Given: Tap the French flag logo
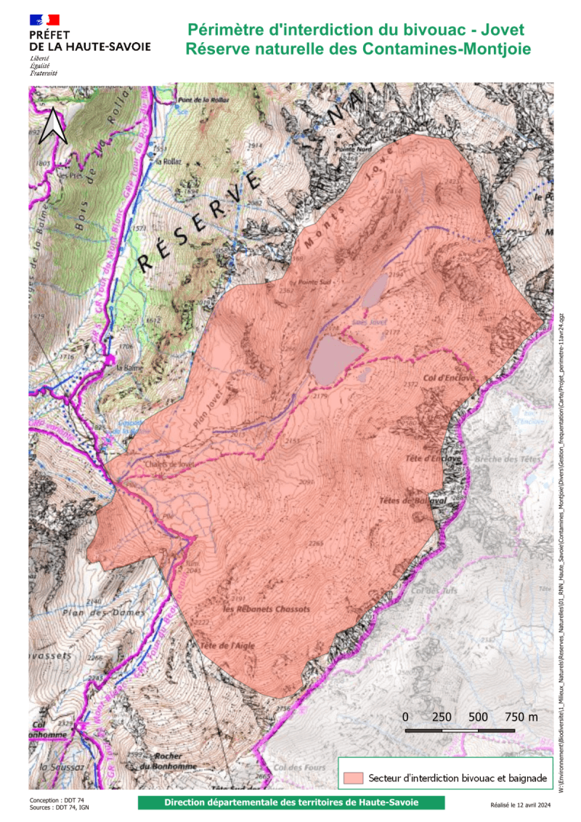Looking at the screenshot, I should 44,20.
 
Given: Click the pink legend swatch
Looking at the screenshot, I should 354,778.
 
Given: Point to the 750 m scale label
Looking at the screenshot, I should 521,717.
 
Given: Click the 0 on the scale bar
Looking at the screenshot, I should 405,717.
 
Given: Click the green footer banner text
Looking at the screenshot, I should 290,803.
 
